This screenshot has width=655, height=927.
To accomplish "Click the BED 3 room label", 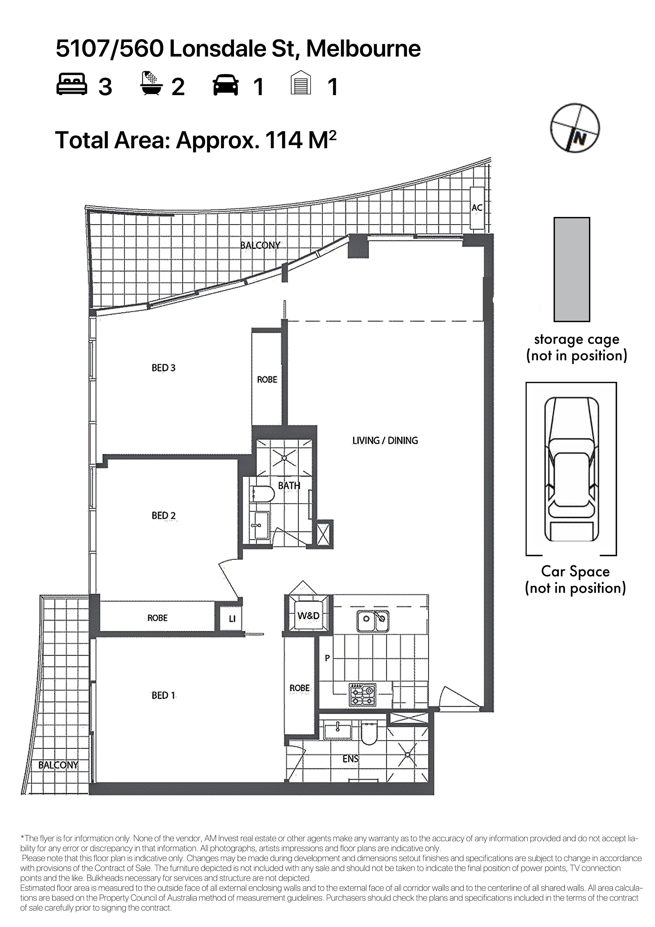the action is (x=163, y=368).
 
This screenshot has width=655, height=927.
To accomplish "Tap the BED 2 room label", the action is (x=163, y=516).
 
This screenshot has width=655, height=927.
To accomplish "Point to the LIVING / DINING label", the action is (x=385, y=441).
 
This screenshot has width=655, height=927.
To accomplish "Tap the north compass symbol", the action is (x=575, y=128).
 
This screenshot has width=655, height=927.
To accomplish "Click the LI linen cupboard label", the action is (x=232, y=619).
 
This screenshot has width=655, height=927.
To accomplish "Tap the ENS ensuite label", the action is (x=350, y=759).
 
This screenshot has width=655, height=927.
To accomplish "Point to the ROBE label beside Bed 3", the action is (x=267, y=379).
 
